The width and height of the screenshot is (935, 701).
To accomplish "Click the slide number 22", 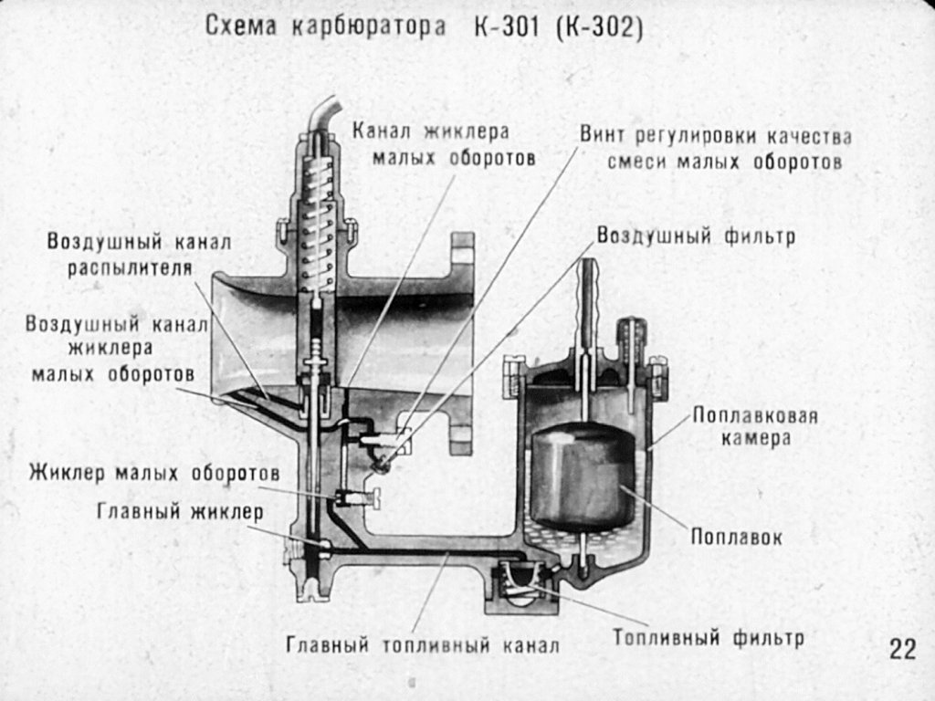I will [x=902, y=649].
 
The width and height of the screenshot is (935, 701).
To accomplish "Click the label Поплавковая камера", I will [x=753, y=427].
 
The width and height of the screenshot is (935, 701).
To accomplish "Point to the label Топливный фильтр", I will [x=709, y=636].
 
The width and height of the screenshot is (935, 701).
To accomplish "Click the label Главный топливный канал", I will [x=422, y=646].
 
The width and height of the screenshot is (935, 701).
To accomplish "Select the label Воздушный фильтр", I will [x=696, y=236].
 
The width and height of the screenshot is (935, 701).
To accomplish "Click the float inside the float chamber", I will [x=582, y=475].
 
